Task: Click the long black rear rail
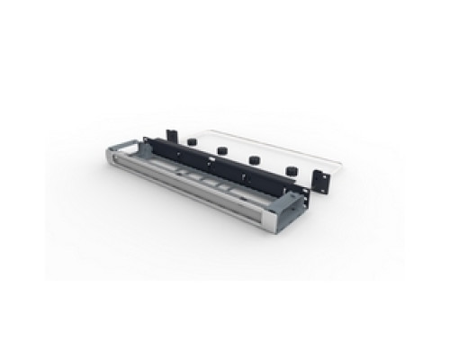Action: point(207,165)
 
